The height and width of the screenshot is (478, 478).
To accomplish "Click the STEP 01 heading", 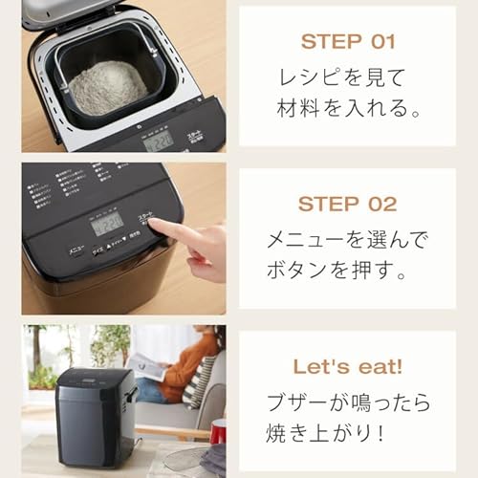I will [x=347, y=41].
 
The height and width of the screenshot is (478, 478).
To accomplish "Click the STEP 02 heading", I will [x=347, y=204].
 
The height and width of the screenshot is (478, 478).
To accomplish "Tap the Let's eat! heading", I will [x=347, y=366].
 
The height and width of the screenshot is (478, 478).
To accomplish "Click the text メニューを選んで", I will [x=348, y=238].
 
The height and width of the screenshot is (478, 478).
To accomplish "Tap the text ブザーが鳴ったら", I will [x=348, y=401].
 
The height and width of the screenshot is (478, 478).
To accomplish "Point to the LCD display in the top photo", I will [x=160, y=141].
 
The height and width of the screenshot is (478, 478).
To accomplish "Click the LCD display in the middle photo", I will [x=108, y=224].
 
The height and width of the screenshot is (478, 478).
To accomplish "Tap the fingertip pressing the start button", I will [x=156, y=226].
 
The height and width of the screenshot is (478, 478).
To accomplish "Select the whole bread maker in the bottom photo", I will [x=96, y=417].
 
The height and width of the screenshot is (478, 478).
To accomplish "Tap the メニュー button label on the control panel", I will [x=76, y=250].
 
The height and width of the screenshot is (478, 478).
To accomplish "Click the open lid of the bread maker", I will [x=76, y=11].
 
